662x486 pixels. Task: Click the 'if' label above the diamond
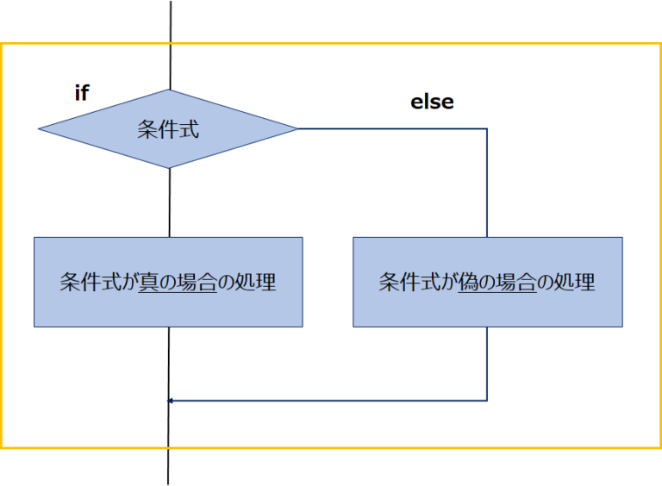point(82,93)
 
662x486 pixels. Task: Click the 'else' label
point(432,102)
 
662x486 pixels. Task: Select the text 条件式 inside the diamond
point(168,130)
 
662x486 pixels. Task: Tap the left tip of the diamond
point(41,129)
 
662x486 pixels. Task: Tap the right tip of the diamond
point(297,129)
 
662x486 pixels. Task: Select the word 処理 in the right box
point(575,282)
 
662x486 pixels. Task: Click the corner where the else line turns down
point(487,129)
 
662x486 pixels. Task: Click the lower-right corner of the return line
point(487,401)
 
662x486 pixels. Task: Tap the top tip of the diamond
point(170,90)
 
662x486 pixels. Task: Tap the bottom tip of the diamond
point(170,168)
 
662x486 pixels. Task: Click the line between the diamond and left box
point(170,202)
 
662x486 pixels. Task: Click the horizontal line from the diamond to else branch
point(392,129)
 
